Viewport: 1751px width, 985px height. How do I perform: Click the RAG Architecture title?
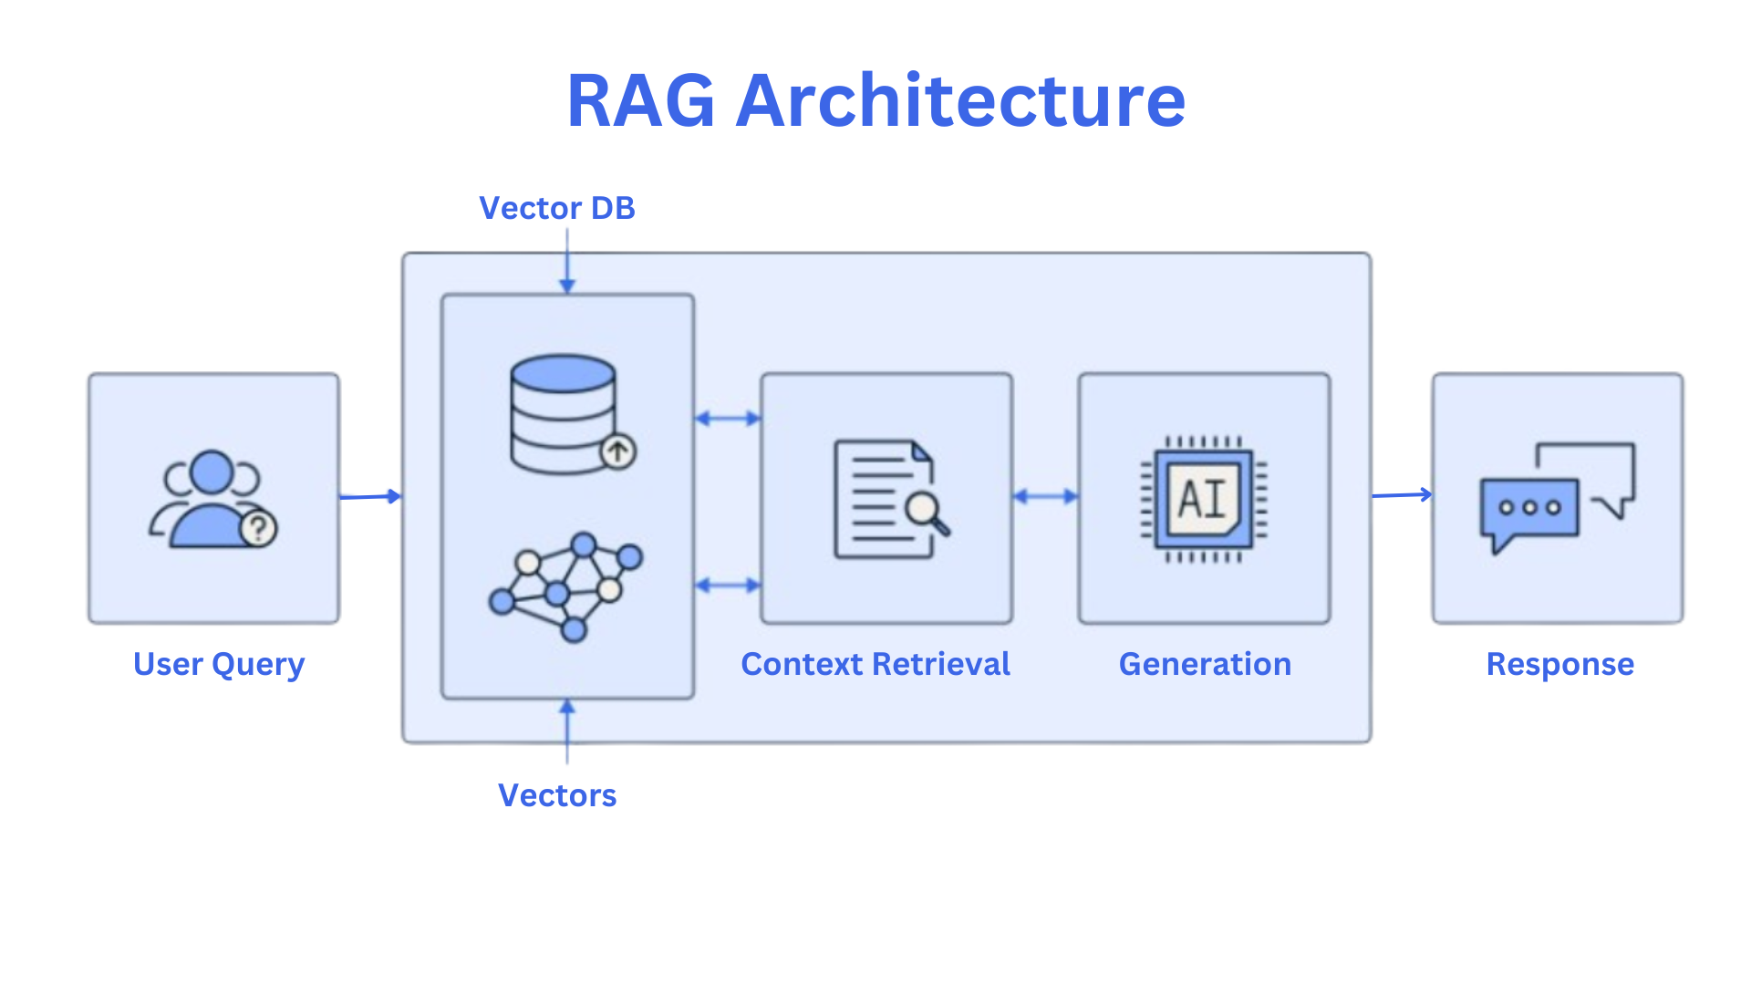point(875,100)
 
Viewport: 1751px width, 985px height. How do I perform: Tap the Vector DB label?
point(556,208)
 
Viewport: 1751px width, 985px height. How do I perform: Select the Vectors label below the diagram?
point(556,795)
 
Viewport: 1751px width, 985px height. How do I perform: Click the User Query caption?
point(218,664)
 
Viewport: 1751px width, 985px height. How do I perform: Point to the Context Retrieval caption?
point(875,664)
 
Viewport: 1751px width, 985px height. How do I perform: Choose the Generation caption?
point(1205,664)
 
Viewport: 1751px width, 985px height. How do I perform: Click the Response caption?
point(1559,664)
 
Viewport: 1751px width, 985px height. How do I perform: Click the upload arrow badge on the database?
point(618,451)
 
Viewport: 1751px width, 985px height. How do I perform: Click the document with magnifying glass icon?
point(889,499)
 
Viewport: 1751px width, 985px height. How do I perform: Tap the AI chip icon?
point(1204,499)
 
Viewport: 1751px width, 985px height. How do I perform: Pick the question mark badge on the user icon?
point(259,528)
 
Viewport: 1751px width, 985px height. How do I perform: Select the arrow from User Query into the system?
point(369,497)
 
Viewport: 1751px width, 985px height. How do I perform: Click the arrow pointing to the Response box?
point(1402,495)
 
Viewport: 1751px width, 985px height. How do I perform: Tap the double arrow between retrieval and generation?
point(1045,497)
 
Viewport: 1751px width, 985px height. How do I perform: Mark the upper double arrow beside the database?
point(727,419)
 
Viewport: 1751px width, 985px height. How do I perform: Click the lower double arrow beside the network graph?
point(727,586)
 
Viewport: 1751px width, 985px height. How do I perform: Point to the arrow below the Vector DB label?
point(567,262)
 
